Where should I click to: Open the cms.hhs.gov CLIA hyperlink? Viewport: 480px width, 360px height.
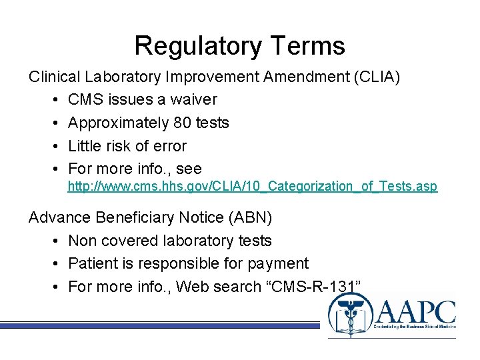pos(253,187)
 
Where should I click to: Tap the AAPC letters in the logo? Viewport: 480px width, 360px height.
pos(416,312)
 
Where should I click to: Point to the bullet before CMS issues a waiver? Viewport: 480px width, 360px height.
pos(54,100)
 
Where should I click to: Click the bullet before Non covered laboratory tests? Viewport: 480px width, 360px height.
pos(54,241)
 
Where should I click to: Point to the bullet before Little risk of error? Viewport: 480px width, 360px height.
pos(54,146)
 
